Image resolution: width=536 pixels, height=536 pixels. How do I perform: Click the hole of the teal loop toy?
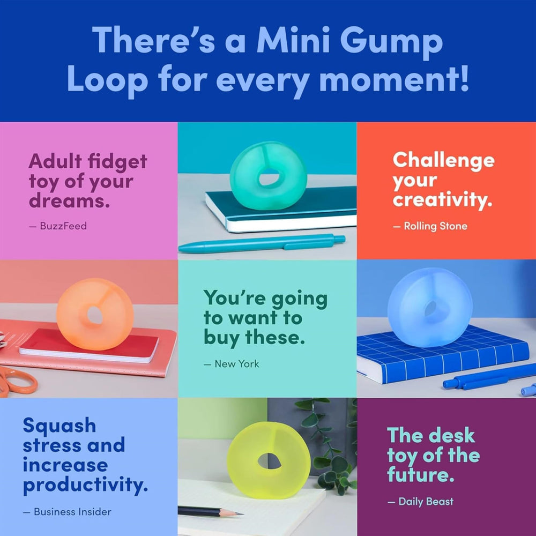(269, 177)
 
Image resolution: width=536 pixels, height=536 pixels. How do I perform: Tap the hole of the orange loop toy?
(95, 316)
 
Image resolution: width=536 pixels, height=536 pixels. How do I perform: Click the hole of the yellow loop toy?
(269, 459)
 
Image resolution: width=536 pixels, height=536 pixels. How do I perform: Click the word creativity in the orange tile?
(442, 200)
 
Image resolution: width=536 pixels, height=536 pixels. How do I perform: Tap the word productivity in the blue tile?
(85, 486)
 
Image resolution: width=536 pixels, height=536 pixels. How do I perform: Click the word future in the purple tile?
(417, 475)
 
